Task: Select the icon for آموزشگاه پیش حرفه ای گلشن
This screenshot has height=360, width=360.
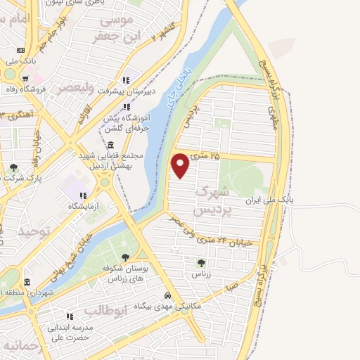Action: click(125, 107)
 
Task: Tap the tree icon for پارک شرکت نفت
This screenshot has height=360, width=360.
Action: click(14, 167)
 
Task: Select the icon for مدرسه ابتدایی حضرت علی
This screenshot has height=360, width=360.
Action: click(68, 316)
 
